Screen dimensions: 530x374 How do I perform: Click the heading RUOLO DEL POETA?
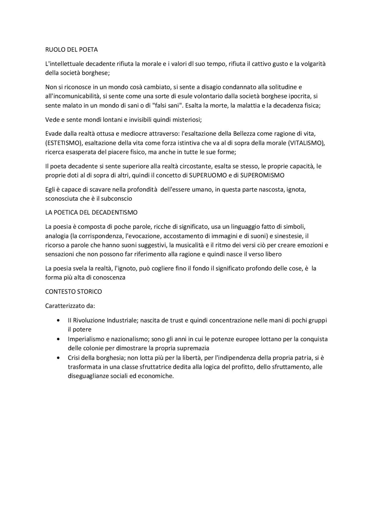pos(71,50)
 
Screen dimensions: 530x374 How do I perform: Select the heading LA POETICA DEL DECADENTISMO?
pos(91,212)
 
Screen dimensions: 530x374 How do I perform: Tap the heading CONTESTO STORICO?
pos(73,292)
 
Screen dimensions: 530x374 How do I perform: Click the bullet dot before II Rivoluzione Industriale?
pos(59,320)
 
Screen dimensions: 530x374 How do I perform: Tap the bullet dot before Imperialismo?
pos(59,339)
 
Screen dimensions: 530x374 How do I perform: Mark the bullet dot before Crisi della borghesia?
pos(59,358)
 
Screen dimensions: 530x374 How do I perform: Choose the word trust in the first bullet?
pos(177,320)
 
